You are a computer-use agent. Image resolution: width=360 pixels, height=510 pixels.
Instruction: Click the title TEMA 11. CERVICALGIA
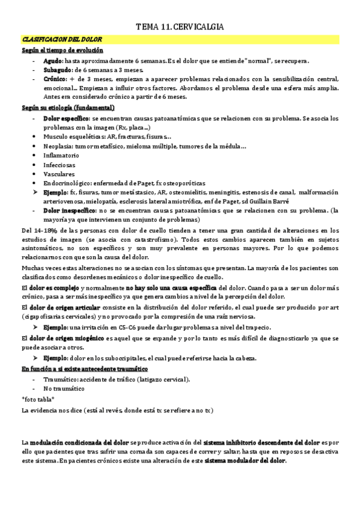180,28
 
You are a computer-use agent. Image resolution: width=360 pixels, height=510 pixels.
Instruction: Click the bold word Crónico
55,79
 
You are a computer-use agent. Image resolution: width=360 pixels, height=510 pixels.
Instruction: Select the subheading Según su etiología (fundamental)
69,108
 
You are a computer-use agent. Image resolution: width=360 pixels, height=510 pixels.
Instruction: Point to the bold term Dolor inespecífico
69,211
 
